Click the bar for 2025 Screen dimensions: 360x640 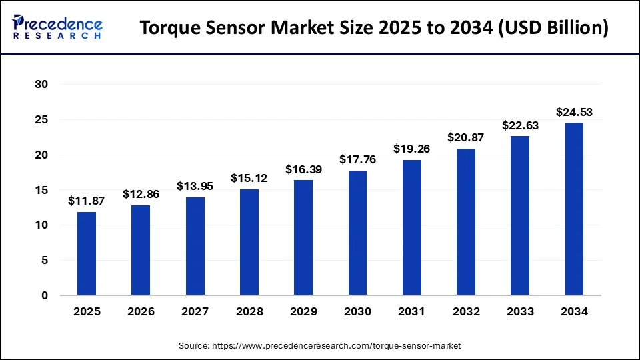[87, 253]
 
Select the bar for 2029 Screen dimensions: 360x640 [303, 237]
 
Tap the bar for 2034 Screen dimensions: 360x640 [574, 209]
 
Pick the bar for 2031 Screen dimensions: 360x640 [411, 227]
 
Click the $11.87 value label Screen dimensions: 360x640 [86, 201]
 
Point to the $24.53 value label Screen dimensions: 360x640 [574, 112]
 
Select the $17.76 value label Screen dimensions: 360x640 [357, 160]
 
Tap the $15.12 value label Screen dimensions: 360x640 [249, 178]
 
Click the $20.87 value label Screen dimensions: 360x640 [465, 137]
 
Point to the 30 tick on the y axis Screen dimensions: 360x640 [42, 85]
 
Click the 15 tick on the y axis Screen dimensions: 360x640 [42, 190]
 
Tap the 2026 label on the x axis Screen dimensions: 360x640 [141, 311]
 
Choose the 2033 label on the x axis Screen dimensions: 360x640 [520, 311]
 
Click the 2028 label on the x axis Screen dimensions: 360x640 [249, 311]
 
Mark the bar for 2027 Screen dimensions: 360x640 [195, 246]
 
